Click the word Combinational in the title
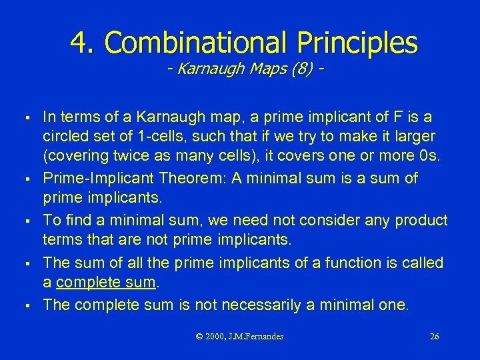[x=194, y=43]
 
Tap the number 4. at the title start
[x=83, y=43]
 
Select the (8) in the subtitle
[x=299, y=69]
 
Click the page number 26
[x=434, y=337]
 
